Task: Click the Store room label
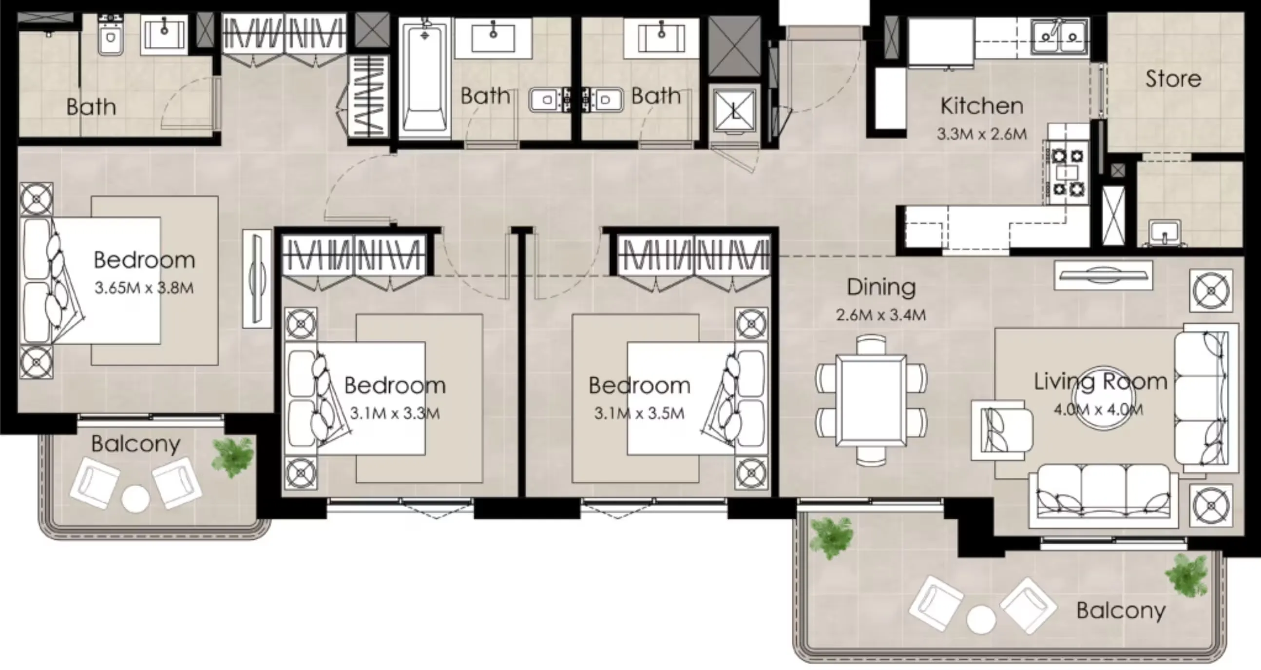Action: pos(1173,79)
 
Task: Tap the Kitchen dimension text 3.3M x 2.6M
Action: pos(981,134)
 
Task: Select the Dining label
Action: pos(881,288)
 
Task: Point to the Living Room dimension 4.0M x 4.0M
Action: pos(1098,409)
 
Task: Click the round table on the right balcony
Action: pos(981,620)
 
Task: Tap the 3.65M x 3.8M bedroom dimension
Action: pos(144,288)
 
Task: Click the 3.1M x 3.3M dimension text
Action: pos(395,414)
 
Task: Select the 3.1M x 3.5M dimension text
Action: pos(639,414)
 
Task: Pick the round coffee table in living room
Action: pos(1104,398)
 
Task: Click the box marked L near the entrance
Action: pos(735,112)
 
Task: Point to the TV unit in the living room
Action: pos(1103,275)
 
